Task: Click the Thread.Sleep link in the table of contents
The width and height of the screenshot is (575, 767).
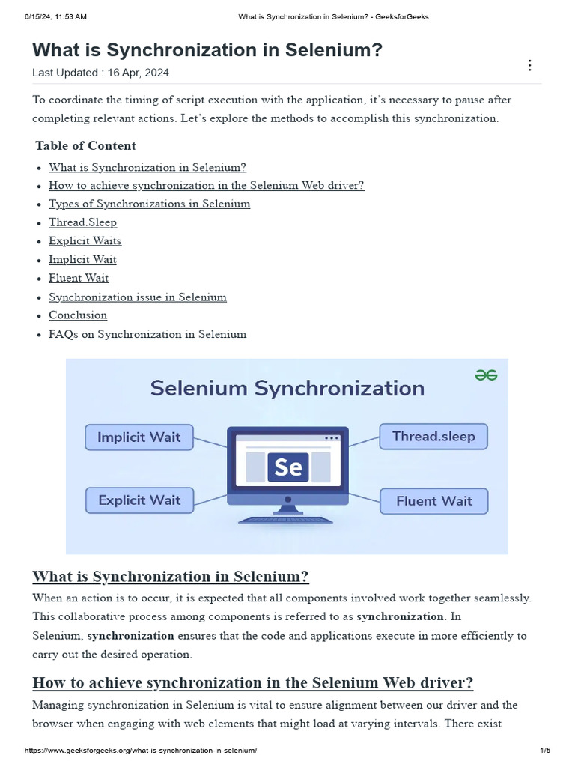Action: pyautogui.click(x=83, y=222)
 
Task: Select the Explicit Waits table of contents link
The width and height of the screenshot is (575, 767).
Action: pyautogui.click(x=85, y=241)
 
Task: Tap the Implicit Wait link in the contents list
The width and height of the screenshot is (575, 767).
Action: pyautogui.click(x=83, y=260)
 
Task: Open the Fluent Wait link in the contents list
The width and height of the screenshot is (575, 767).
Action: pyautogui.click(x=79, y=278)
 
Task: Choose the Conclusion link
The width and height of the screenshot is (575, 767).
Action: pyautogui.click(x=78, y=315)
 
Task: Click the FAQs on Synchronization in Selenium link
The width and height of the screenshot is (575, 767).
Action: pyautogui.click(x=147, y=334)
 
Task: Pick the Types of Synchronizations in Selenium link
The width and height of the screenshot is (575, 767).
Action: pyautogui.click(x=150, y=204)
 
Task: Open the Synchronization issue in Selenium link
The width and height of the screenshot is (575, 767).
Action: pyautogui.click(x=138, y=297)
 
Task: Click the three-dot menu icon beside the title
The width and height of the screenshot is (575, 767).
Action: pyautogui.click(x=530, y=65)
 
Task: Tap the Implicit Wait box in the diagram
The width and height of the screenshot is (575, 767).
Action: pyautogui.click(x=139, y=437)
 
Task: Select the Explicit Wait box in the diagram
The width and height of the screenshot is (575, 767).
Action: pyautogui.click(x=139, y=500)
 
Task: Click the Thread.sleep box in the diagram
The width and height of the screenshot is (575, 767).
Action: pyautogui.click(x=433, y=437)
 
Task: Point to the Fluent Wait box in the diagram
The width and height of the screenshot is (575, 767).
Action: pyautogui.click(x=433, y=501)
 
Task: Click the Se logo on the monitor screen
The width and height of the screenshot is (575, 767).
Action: pyautogui.click(x=288, y=467)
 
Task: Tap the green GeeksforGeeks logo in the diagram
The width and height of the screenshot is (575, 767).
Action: pyautogui.click(x=486, y=375)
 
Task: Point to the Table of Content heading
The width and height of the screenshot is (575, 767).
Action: pyautogui.click(x=86, y=145)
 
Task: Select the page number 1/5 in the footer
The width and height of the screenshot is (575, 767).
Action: pyautogui.click(x=544, y=751)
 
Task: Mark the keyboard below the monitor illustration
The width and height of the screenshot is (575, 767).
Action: pyautogui.click(x=287, y=519)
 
